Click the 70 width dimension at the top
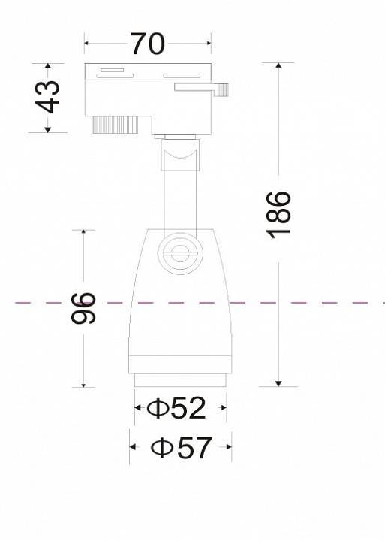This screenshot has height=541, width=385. [x=147, y=44]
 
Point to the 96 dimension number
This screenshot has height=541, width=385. [x=84, y=308]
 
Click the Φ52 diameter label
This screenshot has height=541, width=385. [x=177, y=408]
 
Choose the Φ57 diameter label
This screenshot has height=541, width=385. [x=180, y=448]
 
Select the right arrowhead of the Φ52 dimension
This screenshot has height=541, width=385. [x=222, y=409]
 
